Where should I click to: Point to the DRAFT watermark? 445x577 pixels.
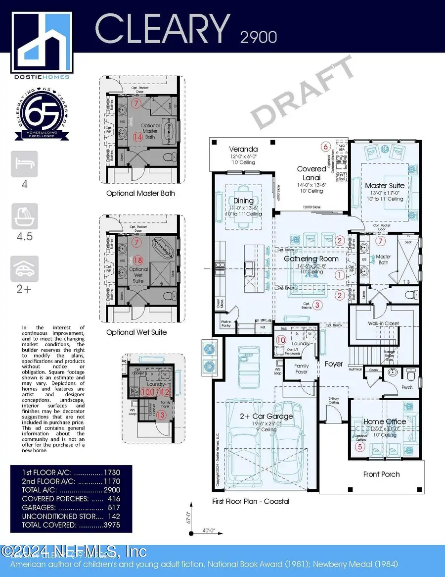(303, 94)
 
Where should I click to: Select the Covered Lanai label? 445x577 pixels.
(311, 172)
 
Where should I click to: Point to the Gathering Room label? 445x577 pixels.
(311, 259)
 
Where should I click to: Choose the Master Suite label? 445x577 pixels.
(385, 185)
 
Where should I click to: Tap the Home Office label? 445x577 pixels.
(385, 421)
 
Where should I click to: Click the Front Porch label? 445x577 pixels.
(381, 474)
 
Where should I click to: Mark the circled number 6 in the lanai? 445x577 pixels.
(325, 146)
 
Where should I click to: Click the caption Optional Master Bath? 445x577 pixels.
(140, 193)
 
